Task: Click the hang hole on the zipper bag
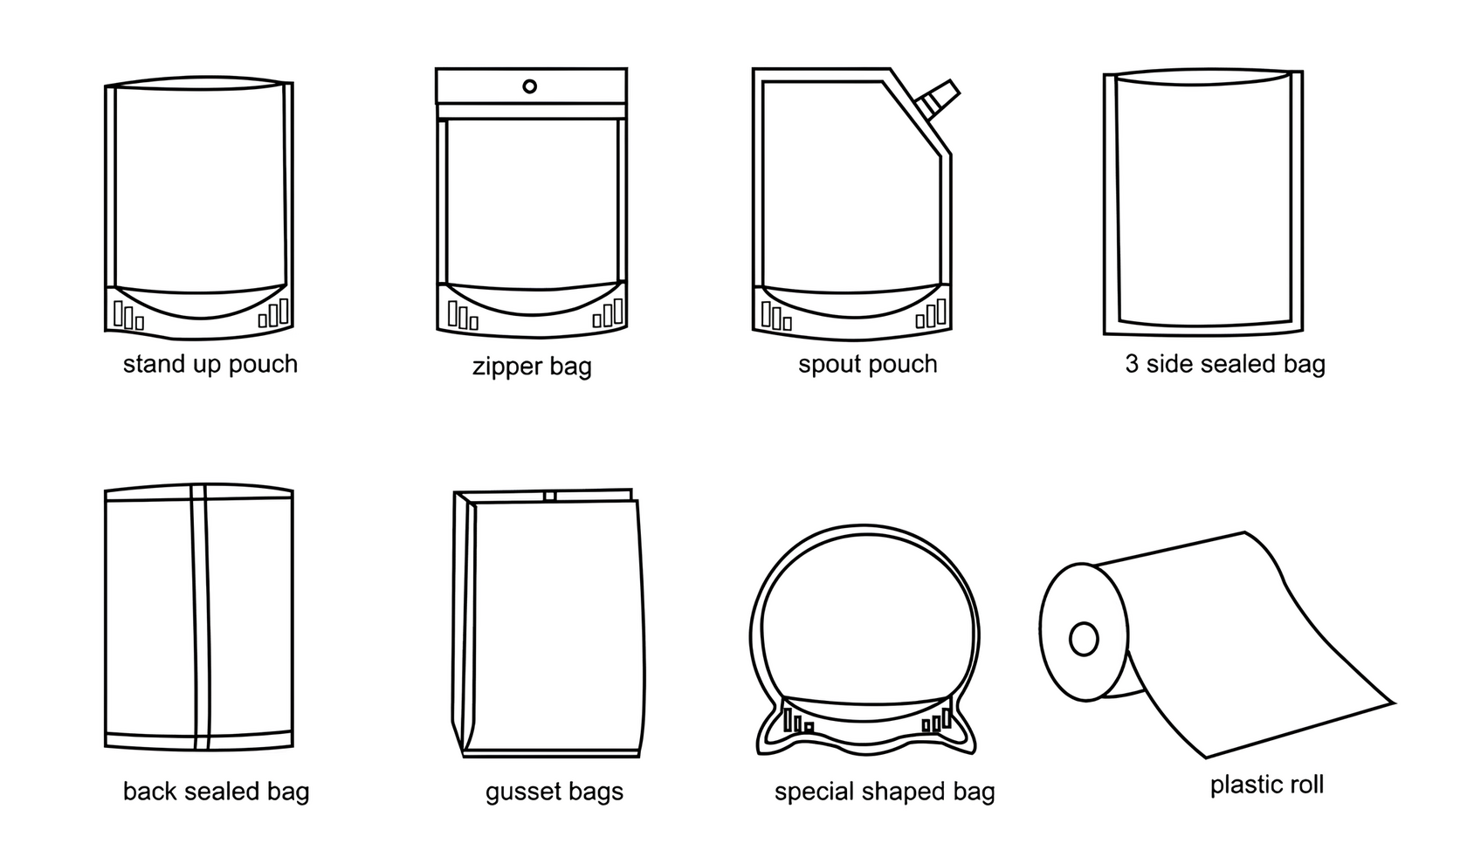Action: pos(529,86)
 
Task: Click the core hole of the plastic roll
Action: pos(1084,640)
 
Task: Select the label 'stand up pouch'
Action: pos(210,364)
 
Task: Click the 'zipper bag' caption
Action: pos(532,366)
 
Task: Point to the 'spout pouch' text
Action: pos(867,364)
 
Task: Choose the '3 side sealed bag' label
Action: pos(1224,364)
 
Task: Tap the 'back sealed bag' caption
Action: pos(216,792)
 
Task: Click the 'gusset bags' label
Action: pos(554,792)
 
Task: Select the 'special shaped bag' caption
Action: pos(885,792)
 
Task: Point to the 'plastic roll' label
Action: pos(1266,785)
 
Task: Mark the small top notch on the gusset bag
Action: pos(549,496)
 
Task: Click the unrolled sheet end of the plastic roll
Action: pos(1292,698)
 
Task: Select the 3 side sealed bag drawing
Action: pos(1203,202)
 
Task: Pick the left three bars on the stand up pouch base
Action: pos(127,314)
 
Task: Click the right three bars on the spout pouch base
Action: pos(932,313)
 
